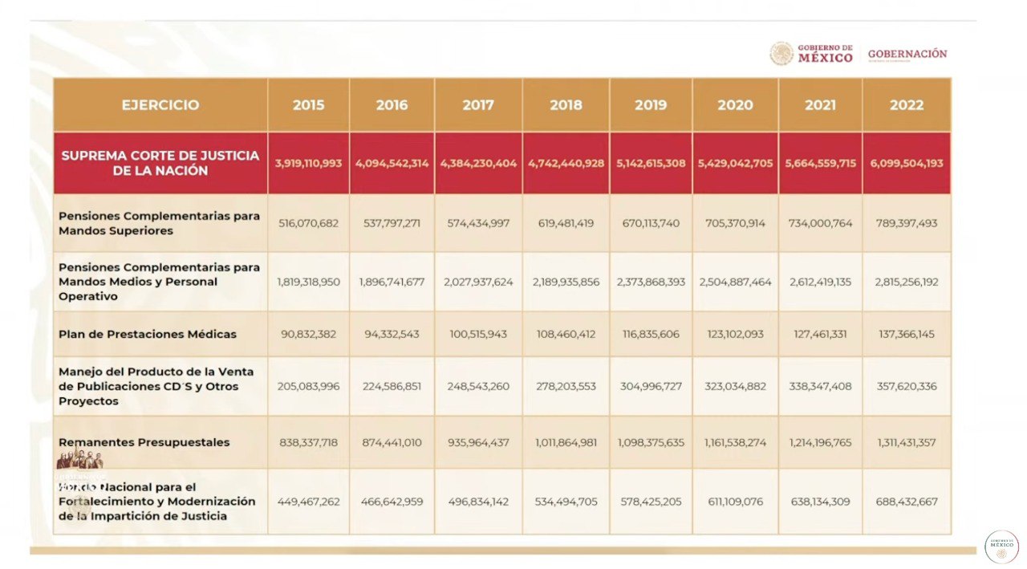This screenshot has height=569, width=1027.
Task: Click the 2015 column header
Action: coord(308,105)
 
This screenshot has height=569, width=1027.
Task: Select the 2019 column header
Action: coord(651,105)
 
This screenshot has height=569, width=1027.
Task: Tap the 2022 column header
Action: coord(907,105)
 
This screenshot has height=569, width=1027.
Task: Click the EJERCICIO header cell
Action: coord(160,105)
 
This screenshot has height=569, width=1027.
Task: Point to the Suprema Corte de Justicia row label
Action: coord(160,163)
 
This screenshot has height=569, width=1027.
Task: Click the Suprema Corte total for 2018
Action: coord(566,163)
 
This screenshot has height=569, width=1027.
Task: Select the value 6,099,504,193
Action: coord(907,163)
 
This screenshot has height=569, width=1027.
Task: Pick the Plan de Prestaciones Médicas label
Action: coord(148,334)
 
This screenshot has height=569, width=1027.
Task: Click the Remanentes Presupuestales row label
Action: coord(144,442)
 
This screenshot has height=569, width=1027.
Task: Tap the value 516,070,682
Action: coord(308,223)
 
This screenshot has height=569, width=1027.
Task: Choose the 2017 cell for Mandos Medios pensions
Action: coord(478,282)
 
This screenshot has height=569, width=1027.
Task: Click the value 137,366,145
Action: coord(907,334)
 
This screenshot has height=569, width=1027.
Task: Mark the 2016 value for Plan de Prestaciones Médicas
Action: coord(392,334)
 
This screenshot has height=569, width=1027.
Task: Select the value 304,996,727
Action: coord(651,386)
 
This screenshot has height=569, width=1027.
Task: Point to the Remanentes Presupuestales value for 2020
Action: coord(735,442)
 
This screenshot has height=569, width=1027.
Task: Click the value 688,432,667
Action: coord(907,502)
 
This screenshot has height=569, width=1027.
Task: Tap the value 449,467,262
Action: coord(308,502)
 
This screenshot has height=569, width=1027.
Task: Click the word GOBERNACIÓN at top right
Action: coord(907,54)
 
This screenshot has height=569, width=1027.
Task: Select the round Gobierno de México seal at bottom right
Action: coord(1001,547)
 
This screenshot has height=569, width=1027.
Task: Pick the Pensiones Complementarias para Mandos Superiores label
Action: coord(159,223)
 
